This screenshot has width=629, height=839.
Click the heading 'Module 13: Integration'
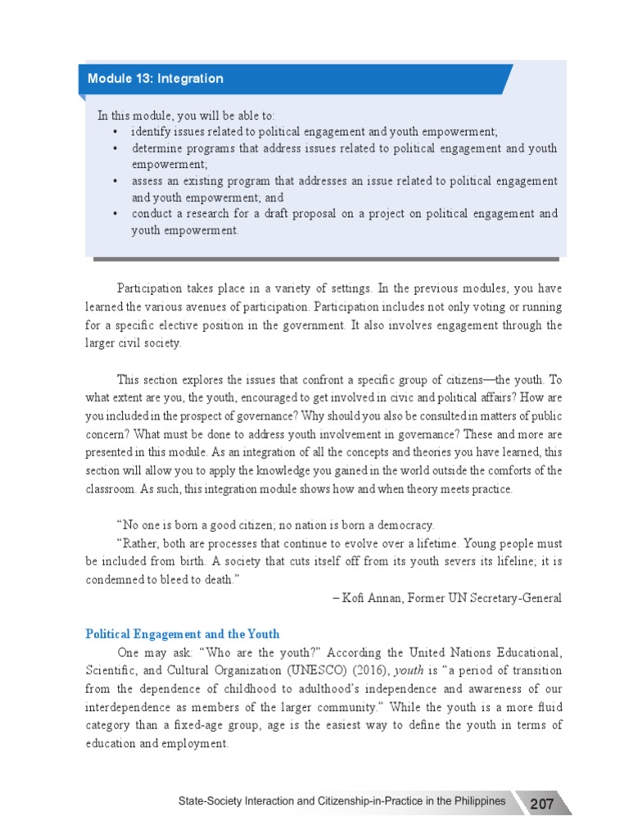tap(156, 79)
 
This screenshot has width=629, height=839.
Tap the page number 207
tap(541, 804)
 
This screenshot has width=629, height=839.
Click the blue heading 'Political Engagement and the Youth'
tap(183, 633)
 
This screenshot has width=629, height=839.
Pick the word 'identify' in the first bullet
tap(152, 132)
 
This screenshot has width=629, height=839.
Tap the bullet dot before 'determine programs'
tap(114, 148)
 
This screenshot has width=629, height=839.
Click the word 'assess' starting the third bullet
tap(148, 181)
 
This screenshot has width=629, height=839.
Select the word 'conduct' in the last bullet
tap(152, 214)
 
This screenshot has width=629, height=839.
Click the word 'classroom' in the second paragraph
tap(113, 489)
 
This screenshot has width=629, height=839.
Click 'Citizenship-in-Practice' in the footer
tap(344, 800)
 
